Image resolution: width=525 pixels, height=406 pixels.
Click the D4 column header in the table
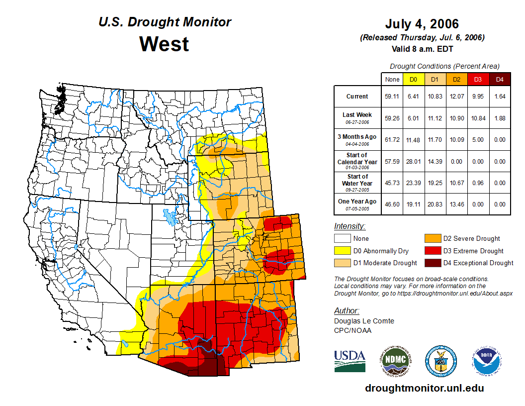pos(500,79)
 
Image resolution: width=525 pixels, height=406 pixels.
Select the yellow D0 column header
pos(413,79)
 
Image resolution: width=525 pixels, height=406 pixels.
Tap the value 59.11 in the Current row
pos(392,97)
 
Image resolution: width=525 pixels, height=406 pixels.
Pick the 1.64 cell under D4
pos(500,97)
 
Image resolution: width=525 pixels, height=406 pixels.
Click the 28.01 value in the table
pos(413,162)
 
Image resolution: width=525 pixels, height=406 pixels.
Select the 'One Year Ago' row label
pos(357,202)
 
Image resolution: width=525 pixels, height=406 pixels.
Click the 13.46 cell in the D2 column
pos(456,204)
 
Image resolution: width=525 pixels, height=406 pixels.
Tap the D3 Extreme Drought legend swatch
pos(433,251)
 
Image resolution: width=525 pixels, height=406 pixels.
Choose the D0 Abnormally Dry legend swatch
pos(342,251)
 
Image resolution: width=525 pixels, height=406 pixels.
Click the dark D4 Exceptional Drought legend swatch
pos(433,263)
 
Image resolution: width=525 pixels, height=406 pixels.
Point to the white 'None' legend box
pos(342,239)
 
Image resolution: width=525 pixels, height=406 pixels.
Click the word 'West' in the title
pos(164,44)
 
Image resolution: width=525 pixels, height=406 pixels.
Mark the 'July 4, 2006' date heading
pos(422,24)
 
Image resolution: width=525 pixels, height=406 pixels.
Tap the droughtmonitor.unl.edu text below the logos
pos(424,388)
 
